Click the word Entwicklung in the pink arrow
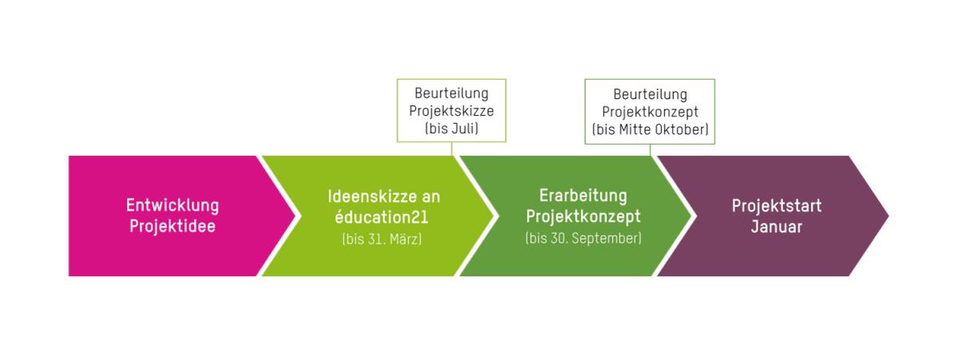pyautogui.click(x=172, y=205)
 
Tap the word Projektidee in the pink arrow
pyautogui.click(x=172, y=226)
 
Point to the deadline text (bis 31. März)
pyautogui.click(x=382, y=239)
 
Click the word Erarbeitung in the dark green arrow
pyautogui.click(x=583, y=196)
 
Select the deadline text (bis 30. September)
pyautogui.click(x=583, y=238)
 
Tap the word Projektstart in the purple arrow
pyautogui.click(x=776, y=206)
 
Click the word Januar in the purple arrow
pyautogui.click(x=776, y=227)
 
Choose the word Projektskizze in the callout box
pyautogui.click(x=451, y=111)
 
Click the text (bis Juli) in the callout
pyautogui.click(x=451, y=128)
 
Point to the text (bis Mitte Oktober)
pyautogui.click(x=650, y=129)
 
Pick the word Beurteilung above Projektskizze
pyautogui.click(x=451, y=94)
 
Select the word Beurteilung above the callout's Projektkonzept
pyautogui.click(x=650, y=94)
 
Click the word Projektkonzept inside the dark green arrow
pyautogui.click(x=583, y=216)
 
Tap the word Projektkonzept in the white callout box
pyautogui.click(x=650, y=112)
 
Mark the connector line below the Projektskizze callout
pyautogui.click(x=452, y=149)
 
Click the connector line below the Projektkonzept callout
pyautogui.click(x=650, y=150)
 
